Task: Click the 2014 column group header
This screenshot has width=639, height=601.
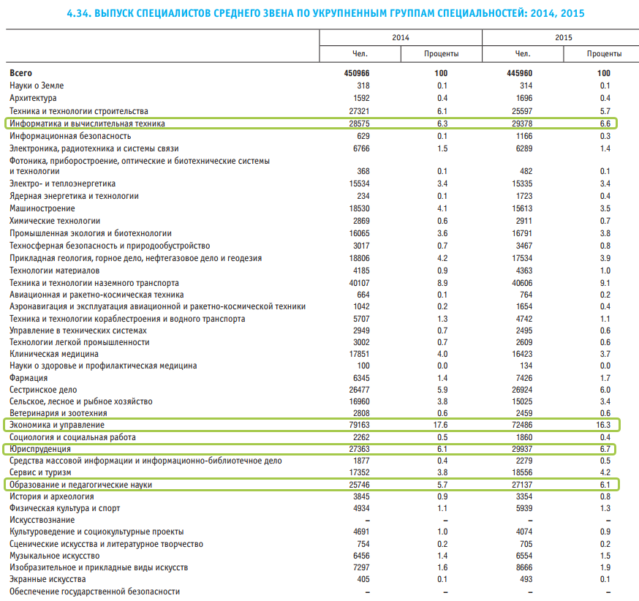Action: (x=401, y=37)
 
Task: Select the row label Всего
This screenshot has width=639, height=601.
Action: (x=21, y=73)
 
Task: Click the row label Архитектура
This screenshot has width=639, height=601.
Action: (x=33, y=98)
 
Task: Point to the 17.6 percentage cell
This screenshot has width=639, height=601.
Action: (x=440, y=425)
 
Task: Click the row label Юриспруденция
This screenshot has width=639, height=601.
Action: (x=39, y=448)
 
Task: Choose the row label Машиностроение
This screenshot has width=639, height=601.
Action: (x=42, y=208)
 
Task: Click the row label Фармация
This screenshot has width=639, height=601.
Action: (x=29, y=378)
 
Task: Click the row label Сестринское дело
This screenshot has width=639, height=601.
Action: (x=43, y=390)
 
